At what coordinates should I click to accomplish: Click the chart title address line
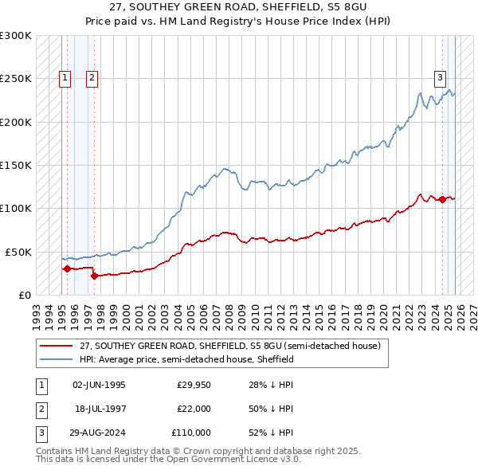tap(238, 7)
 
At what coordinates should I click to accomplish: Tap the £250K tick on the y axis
tap(15, 79)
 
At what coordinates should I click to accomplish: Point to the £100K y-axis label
tap(15, 208)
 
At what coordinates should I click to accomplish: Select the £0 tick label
tap(24, 295)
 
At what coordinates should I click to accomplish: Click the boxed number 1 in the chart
tap(65, 78)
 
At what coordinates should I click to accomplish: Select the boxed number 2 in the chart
tap(92, 78)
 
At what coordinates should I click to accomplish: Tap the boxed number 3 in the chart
tap(440, 78)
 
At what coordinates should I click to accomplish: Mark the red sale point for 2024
tap(442, 200)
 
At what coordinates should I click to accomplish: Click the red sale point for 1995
tap(67, 269)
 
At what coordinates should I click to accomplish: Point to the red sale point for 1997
tap(95, 276)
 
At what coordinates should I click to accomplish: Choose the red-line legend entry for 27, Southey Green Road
tap(230, 346)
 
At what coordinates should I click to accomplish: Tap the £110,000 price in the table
tap(192, 433)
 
